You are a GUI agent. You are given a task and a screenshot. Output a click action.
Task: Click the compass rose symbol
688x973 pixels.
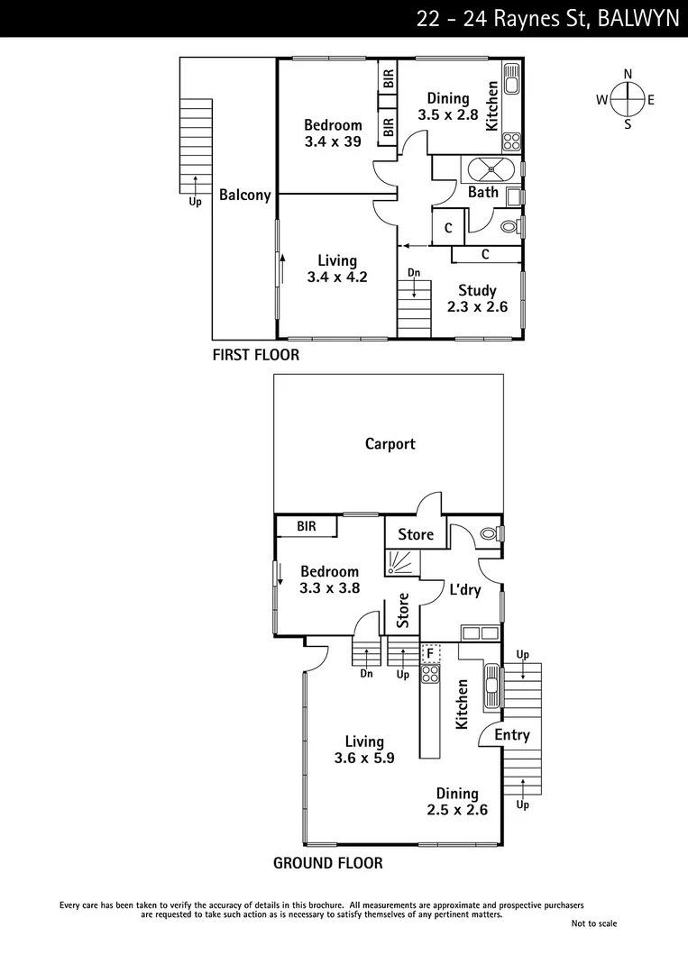point(628,99)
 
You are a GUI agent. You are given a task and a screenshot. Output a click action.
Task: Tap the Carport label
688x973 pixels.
point(390,443)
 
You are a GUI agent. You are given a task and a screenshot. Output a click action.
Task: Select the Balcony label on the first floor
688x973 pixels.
point(244,195)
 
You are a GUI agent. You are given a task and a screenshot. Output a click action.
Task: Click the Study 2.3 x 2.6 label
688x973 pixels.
point(477,298)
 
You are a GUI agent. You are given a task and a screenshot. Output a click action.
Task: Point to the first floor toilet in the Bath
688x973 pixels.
point(509,227)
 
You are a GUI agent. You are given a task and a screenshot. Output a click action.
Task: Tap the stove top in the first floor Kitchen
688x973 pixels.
point(511,141)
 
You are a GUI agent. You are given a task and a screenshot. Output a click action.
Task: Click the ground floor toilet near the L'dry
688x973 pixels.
point(490,533)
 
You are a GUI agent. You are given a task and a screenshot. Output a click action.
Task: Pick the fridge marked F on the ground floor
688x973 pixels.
point(431,651)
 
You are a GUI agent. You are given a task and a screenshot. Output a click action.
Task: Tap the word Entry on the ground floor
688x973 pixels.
point(511,735)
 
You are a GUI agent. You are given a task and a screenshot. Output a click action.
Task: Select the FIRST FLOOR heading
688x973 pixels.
point(255,355)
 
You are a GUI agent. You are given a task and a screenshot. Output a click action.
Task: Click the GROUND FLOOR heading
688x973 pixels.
point(327,863)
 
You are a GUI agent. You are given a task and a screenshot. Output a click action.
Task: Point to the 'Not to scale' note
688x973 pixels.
point(594,923)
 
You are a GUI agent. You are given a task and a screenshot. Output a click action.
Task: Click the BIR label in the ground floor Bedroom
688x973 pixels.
point(307,526)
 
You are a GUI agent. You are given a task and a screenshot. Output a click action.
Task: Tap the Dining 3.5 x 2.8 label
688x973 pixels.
point(447,106)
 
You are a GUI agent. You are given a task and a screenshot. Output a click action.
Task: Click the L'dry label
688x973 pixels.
point(465,590)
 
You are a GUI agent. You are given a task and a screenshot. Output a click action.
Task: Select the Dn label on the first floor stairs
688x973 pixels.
point(413,272)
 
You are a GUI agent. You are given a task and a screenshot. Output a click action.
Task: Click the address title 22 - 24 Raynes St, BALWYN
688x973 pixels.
point(547,19)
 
